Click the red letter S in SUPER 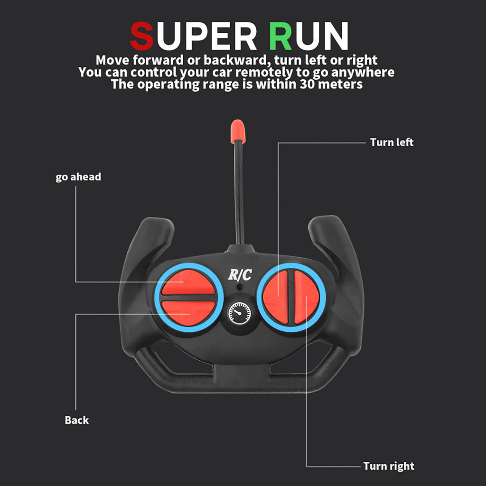(141, 36)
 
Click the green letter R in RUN (280, 36)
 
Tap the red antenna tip (238, 131)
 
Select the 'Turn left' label (392, 142)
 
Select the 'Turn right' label (389, 466)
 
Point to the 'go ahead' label (78, 177)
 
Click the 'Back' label (76, 420)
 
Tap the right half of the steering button (307, 297)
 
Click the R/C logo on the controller (240, 275)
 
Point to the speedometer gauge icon (240, 313)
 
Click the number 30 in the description (307, 84)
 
